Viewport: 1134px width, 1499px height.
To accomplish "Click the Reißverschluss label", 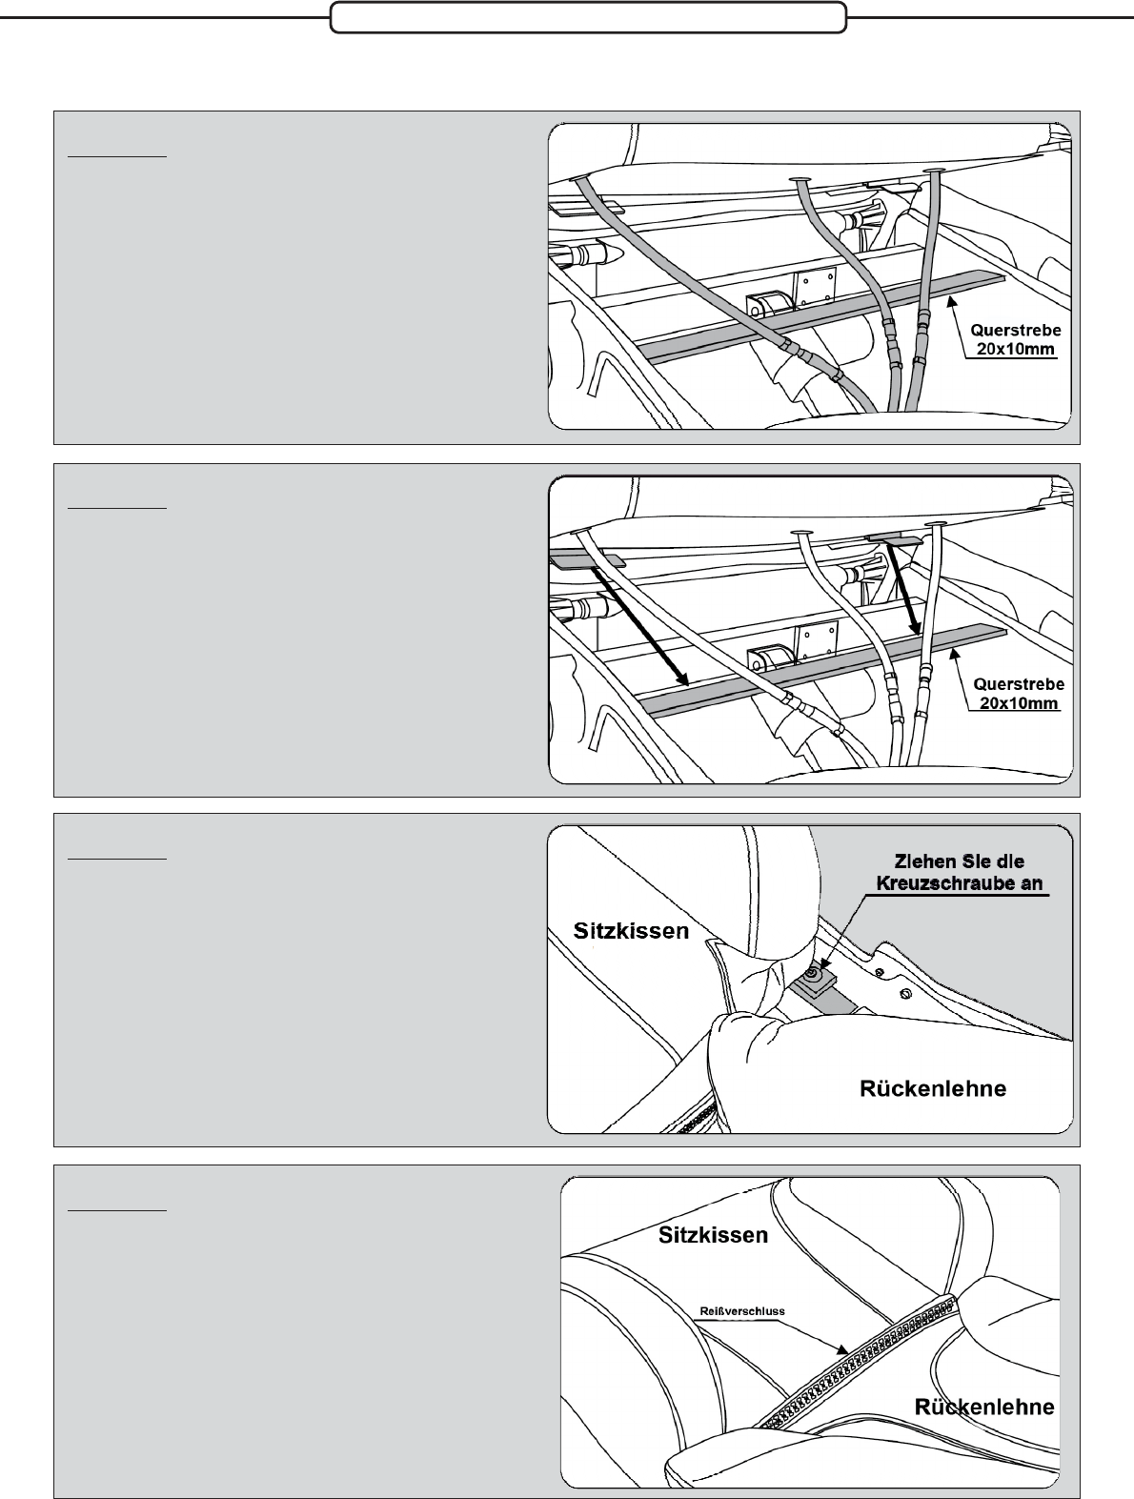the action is [x=742, y=1311].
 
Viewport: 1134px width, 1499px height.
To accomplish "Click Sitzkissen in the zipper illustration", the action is [x=713, y=1235].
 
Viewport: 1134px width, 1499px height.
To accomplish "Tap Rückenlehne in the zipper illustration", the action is [x=983, y=1407].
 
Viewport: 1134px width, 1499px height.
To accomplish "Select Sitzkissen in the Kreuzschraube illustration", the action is [x=631, y=931].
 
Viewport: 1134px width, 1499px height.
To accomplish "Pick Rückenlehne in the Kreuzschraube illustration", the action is [x=933, y=1088].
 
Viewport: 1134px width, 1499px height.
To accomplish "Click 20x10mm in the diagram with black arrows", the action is [x=1019, y=702].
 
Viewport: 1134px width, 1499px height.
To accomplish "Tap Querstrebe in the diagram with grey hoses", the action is [x=1016, y=330].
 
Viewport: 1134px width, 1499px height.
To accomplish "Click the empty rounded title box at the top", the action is [x=589, y=17].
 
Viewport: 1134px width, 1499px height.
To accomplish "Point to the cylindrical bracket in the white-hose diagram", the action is [x=769, y=659].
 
